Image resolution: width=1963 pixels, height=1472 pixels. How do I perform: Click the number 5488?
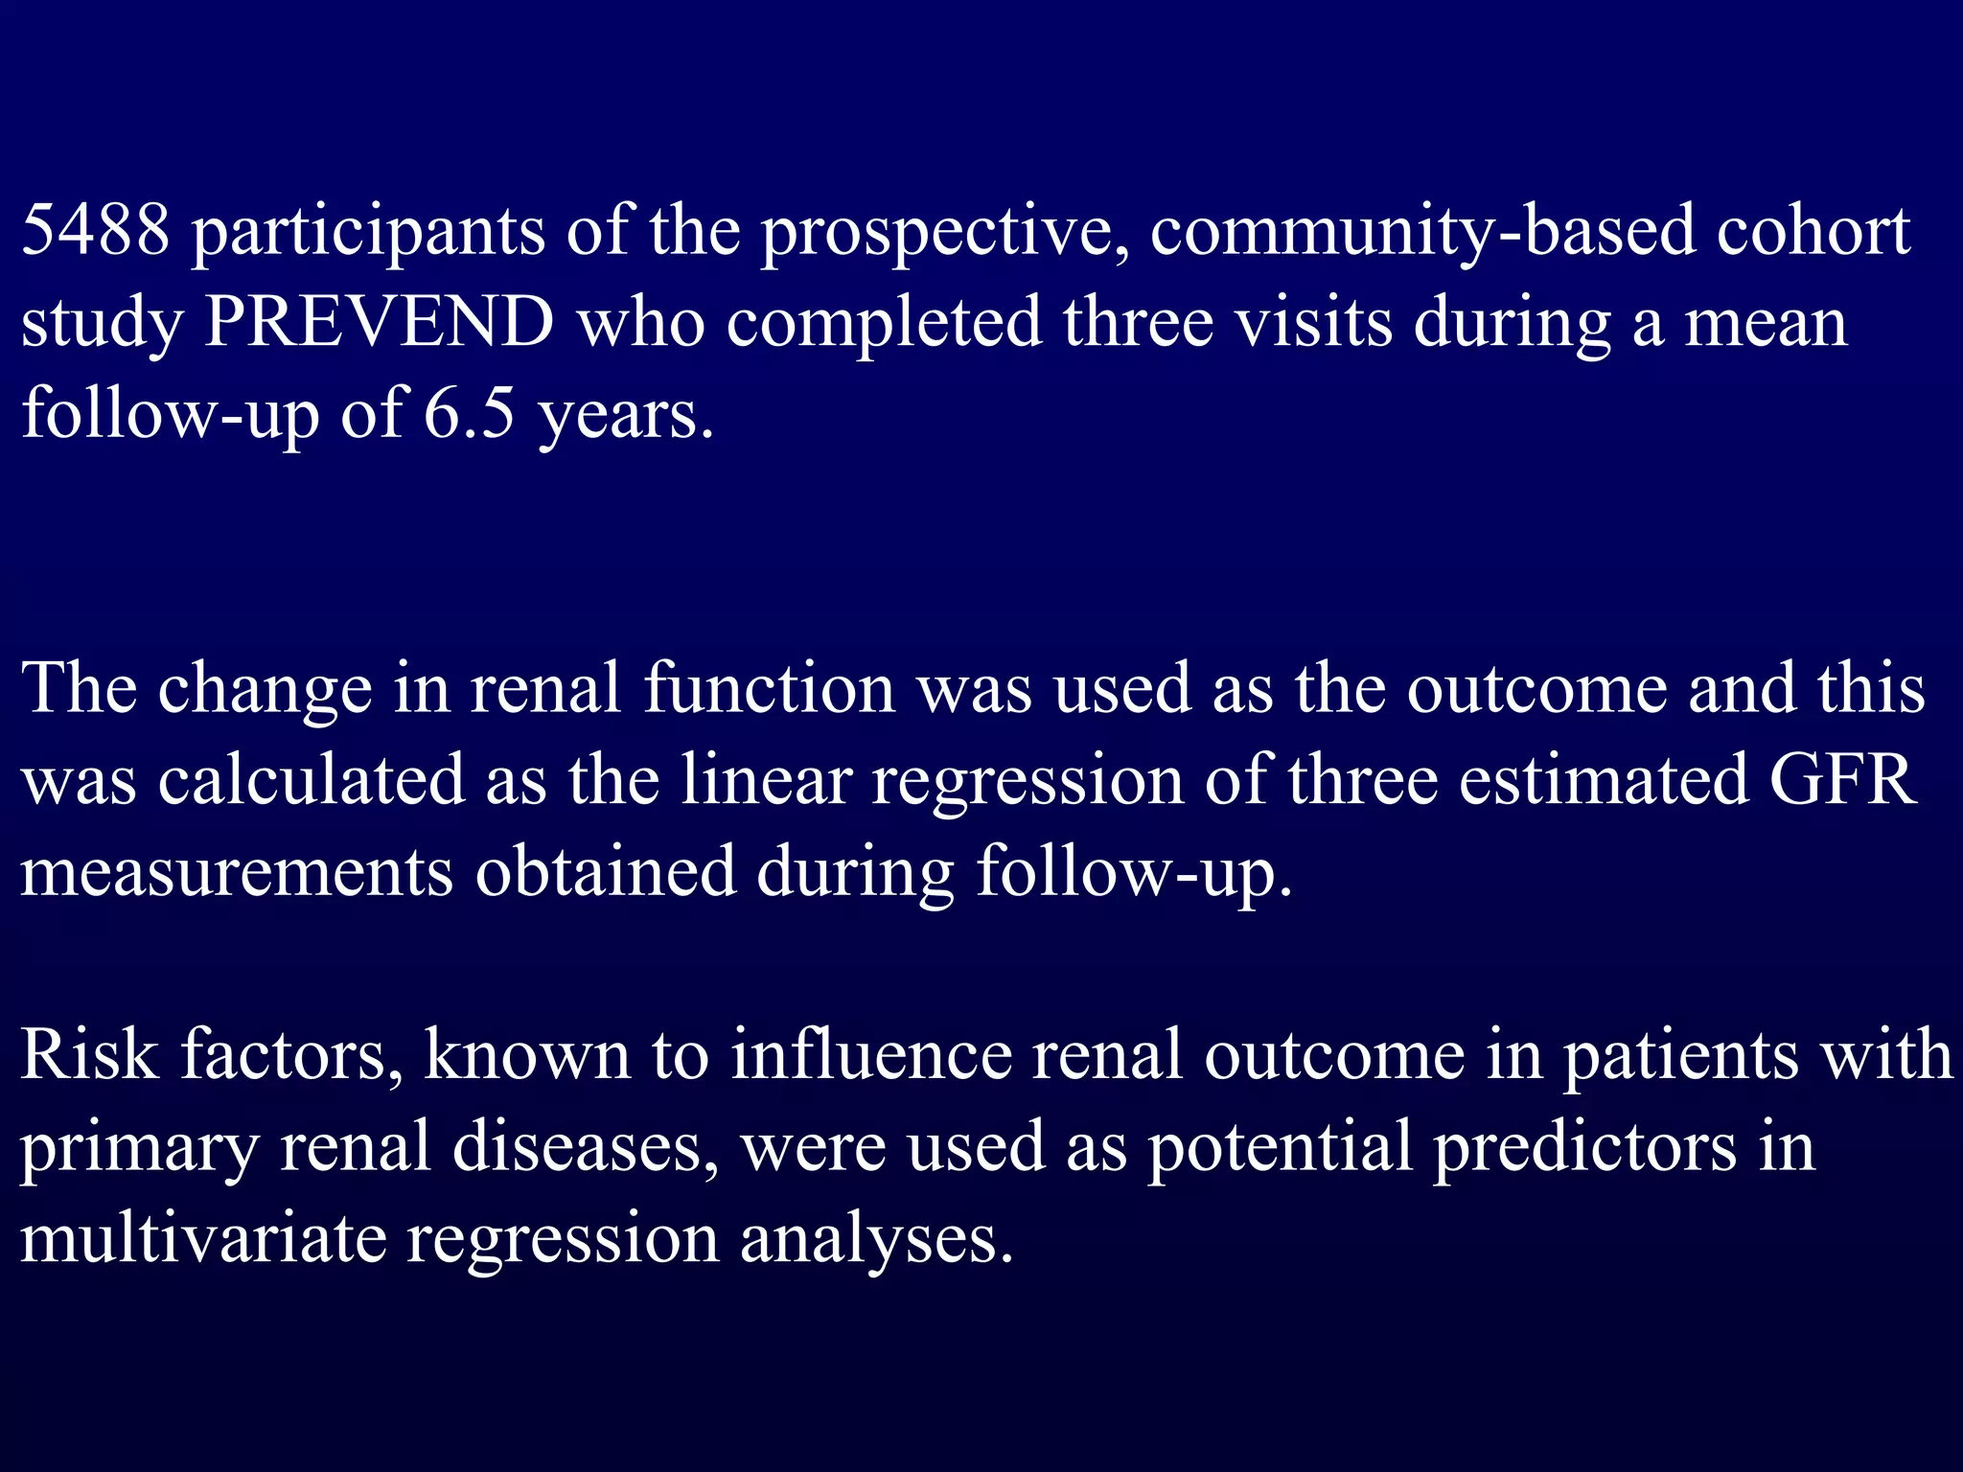[95, 231]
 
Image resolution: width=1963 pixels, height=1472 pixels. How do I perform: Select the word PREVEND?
[380, 322]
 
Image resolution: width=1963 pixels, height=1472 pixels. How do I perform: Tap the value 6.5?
[469, 414]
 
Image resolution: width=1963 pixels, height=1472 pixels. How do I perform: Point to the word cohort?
[1813, 231]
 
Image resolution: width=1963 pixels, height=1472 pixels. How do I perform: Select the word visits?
[1312, 322]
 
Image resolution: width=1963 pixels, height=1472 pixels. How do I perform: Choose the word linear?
[766, 779]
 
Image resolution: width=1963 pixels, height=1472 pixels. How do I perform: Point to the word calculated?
[311, 779]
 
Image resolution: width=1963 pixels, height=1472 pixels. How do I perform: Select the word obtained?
[605, 871]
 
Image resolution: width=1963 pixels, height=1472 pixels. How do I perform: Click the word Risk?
[89, 1054]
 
